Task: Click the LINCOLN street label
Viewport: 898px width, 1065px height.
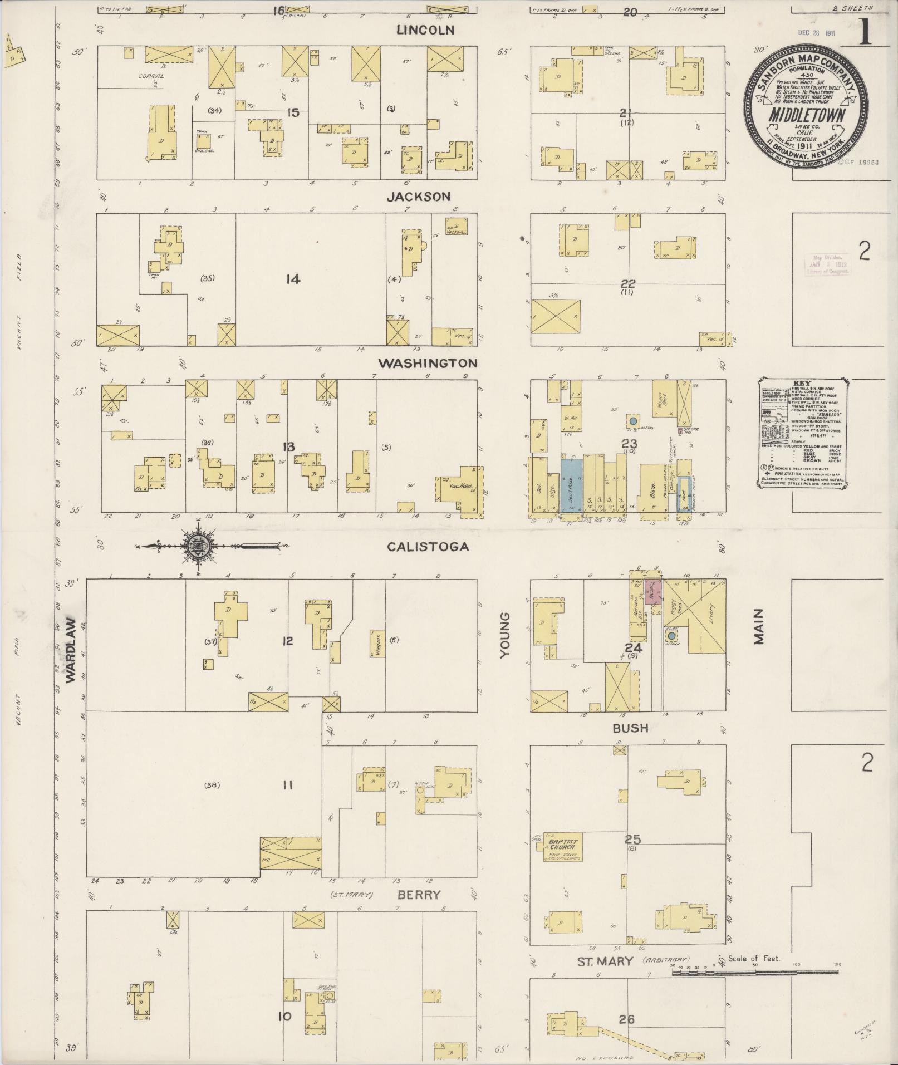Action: pyautogui.click(x=425, y=30)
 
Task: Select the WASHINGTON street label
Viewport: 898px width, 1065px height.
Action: pyautogui.click(x=428, y=363)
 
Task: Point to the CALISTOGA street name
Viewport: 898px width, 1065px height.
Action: pyautogui.click(x=428, y=547)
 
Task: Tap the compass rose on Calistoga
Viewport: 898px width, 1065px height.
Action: pyautogui.click(x=198, y=546)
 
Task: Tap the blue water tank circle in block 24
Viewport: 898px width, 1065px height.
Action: pyautogui.click(x=671, y=636)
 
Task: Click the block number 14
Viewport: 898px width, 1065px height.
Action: pyautogui.click(x=293, y=279)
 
